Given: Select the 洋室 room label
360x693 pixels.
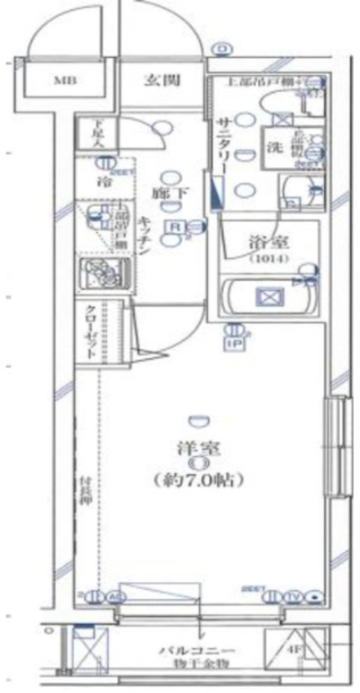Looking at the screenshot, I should pos(197,448).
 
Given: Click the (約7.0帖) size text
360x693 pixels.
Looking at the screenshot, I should pos(198,479).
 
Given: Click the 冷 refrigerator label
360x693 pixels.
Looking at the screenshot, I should pos(105,180).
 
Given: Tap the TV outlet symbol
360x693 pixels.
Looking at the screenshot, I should pos(296,596).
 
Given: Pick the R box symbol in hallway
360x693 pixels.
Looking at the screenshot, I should pos(175,227).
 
